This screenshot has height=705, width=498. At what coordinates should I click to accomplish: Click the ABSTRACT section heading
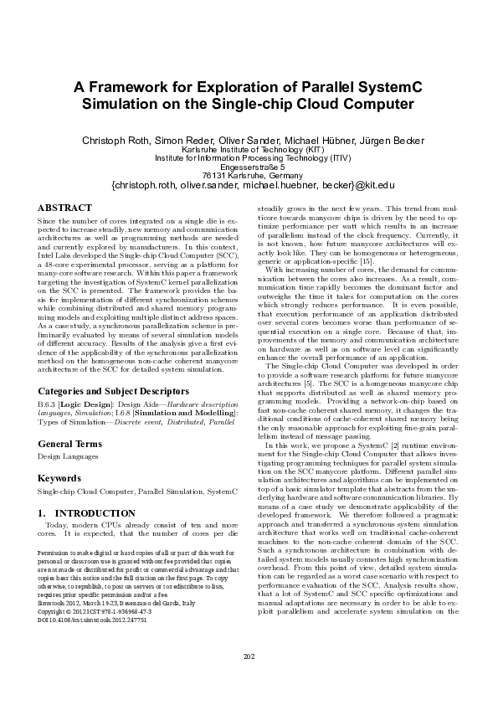click(65, 208)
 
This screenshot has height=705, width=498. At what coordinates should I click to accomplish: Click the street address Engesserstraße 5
click(249, 166)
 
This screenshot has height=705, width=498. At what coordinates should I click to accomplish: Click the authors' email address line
click(249, 185)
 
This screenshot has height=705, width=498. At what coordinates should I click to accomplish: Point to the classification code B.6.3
click(48, 404)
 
